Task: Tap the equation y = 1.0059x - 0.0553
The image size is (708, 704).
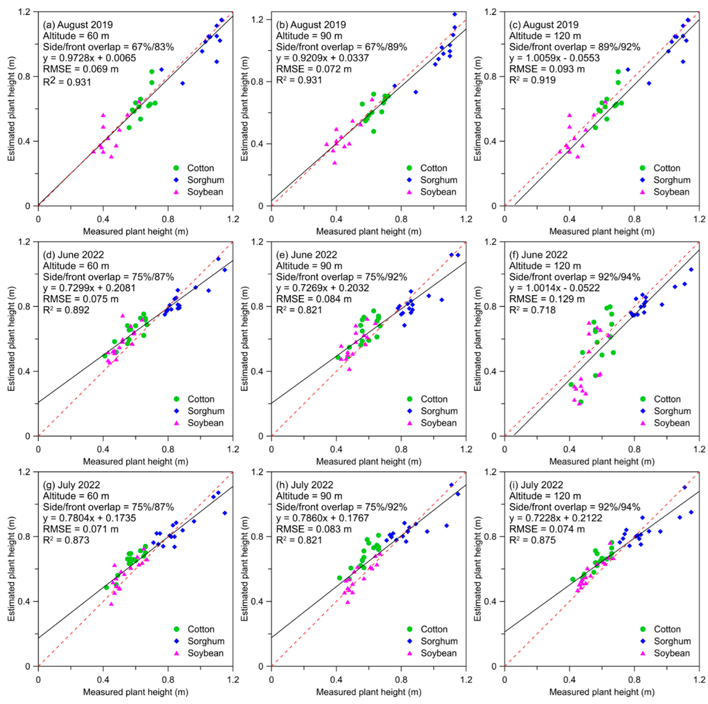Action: click(554, 58)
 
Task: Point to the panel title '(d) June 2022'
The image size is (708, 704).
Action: click(73, 255)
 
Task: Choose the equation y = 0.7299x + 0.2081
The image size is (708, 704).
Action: click(89, 288)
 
